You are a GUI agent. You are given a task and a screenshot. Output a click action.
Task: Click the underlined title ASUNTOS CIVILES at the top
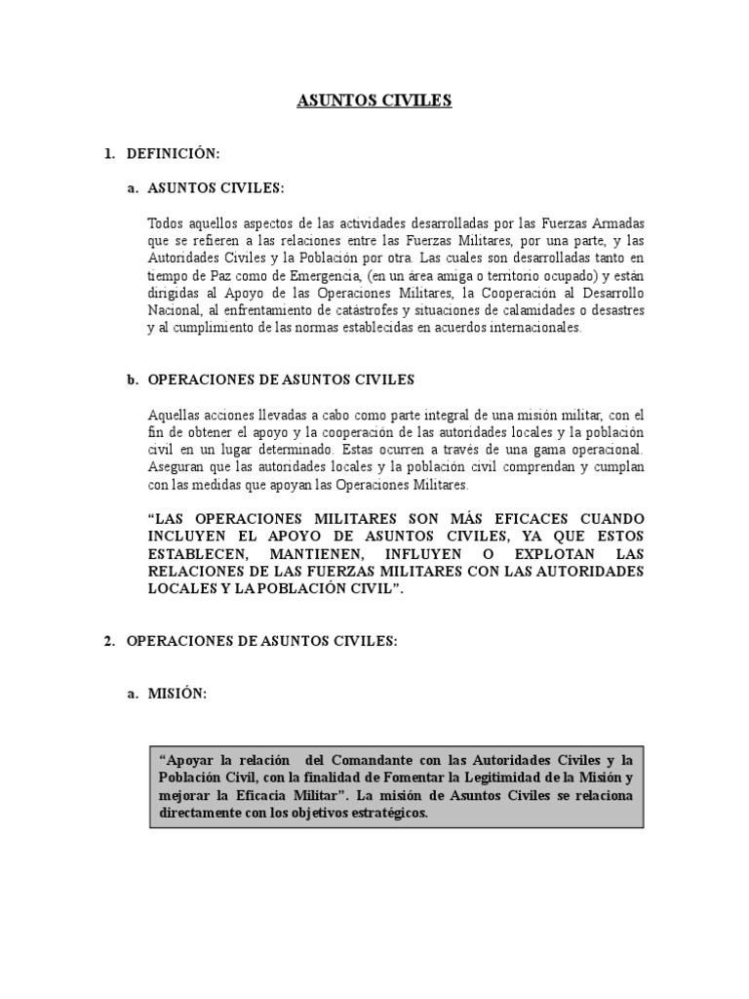(374, 100)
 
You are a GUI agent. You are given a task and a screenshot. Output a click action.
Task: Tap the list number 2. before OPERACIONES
(109, 640)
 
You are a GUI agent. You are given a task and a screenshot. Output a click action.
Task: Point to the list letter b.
(132, 379)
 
